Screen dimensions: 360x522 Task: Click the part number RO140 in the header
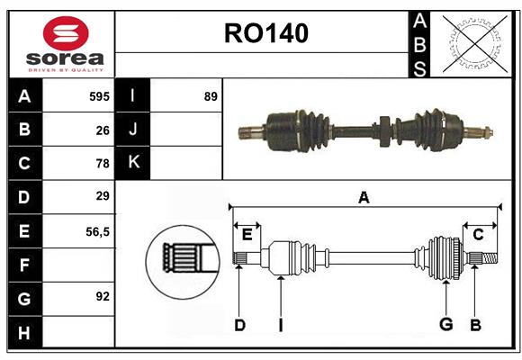tap(266, 33)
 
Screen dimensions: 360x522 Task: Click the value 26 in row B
tap(103, 130)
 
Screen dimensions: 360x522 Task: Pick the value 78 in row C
tap(103, 163)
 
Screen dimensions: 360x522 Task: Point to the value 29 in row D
tap(103, 196)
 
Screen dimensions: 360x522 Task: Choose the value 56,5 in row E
tap(97, 231)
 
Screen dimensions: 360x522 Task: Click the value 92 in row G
tap(103, 296)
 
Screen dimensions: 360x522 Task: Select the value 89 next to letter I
tap(211, 96)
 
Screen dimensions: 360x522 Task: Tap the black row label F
tap(24, 265)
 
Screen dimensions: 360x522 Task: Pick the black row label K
tap(133, 163)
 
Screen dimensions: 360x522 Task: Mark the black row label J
tap(133, 130)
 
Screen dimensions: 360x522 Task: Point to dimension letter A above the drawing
tap(364, 198)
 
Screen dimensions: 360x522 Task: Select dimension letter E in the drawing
tap(247, 236)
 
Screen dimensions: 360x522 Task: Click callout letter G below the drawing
tap(445, 325)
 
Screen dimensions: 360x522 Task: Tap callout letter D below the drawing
tap(239, 325)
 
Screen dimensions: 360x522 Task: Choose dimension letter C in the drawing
tap(479, 236)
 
